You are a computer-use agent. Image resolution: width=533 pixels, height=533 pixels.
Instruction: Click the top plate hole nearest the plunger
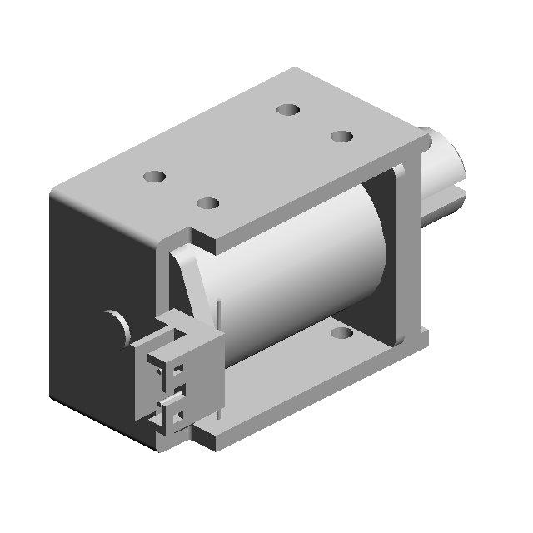coord(341,136)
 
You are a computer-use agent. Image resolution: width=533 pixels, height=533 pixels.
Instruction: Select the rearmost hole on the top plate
coord(288,109)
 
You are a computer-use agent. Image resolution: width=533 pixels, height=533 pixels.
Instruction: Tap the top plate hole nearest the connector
coord(207,203)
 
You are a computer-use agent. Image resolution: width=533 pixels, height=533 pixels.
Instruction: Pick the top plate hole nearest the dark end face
coord(154,177)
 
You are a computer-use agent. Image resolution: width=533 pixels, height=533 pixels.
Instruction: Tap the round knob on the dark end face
coord(117,325)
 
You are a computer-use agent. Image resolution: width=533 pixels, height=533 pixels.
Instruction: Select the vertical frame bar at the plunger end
coord(410,250)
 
